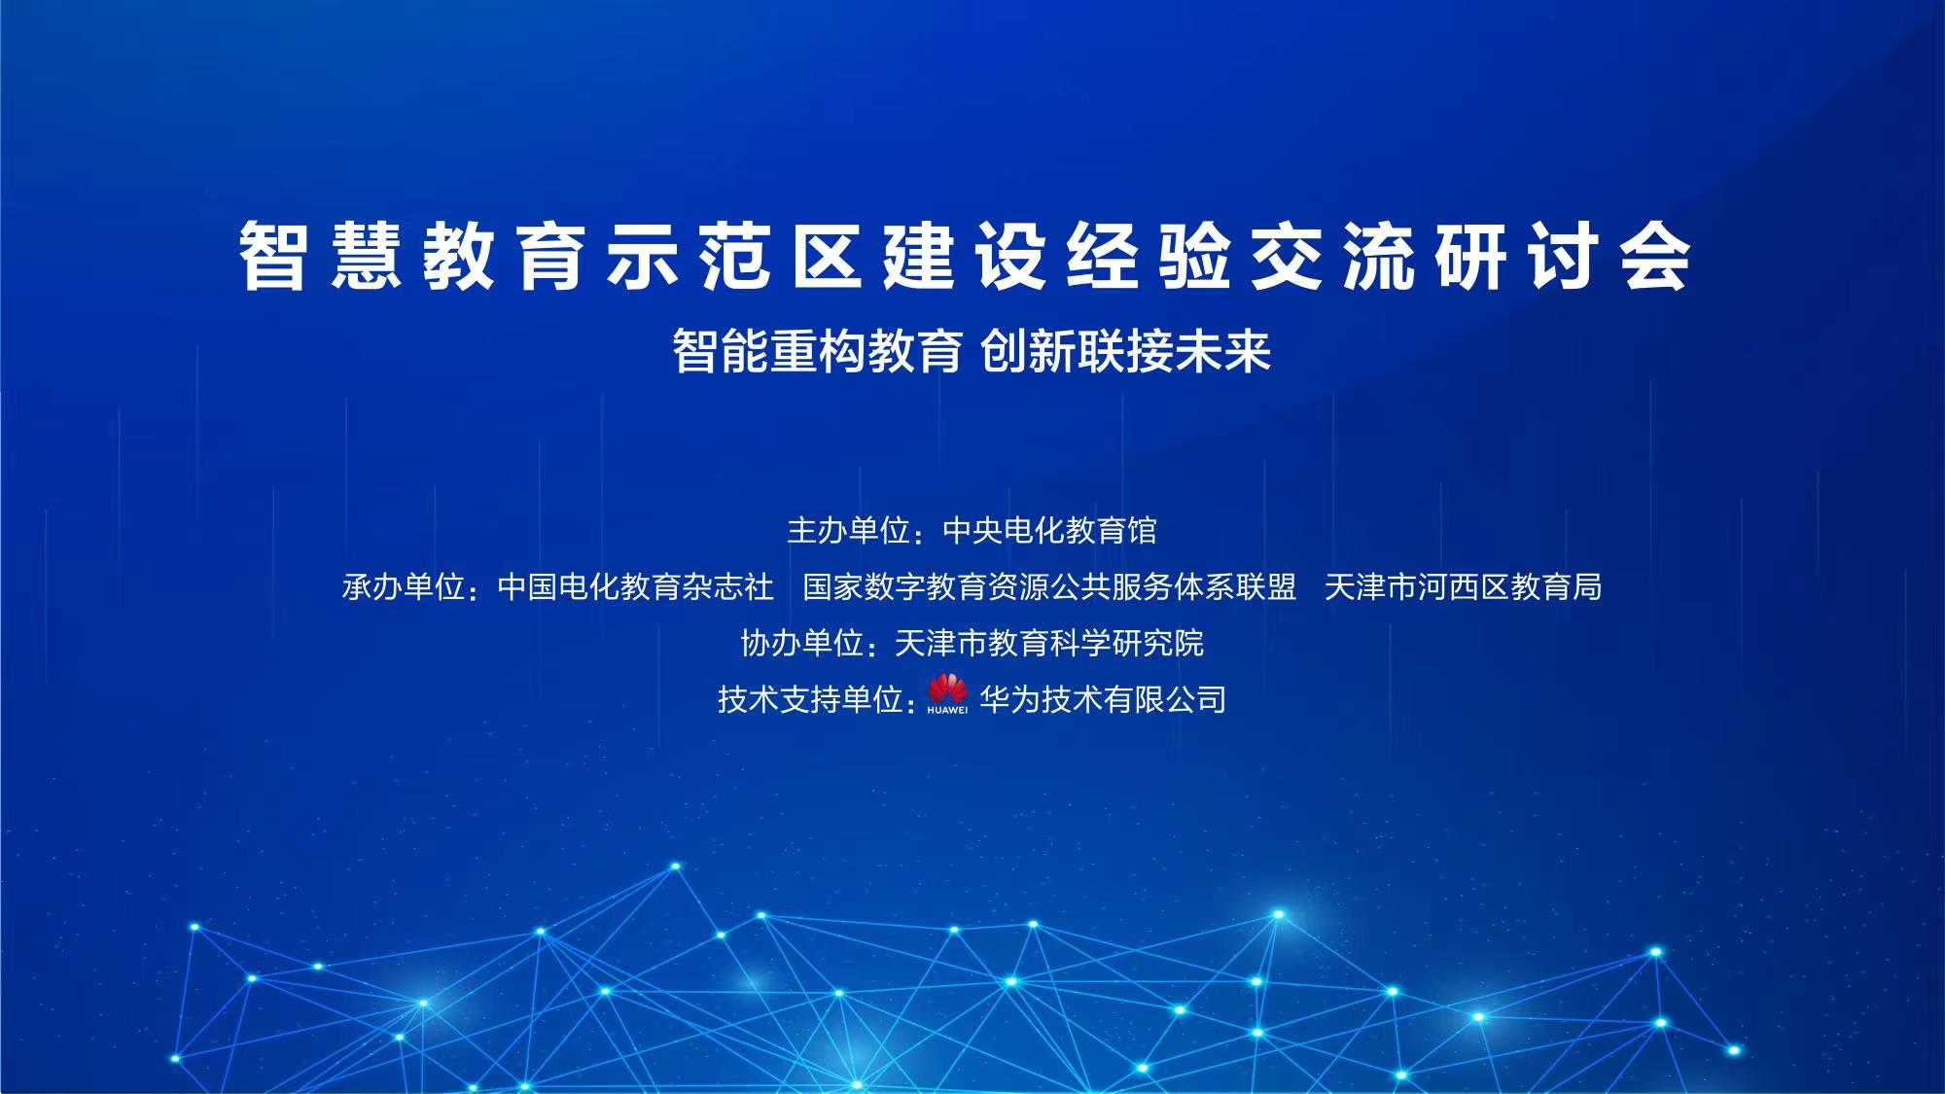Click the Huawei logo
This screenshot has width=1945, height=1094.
click(947, 694)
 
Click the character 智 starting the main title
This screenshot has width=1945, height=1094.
click(273, 256)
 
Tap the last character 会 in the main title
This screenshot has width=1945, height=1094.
click(1656, 256)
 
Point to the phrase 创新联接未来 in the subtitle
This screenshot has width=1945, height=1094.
click(1126, 351)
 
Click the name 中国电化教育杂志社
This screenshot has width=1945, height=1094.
click(636, 587)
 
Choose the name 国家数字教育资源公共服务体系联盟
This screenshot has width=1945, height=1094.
click(1050, 587)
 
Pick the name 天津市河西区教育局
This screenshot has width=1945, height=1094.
click(1464, 587)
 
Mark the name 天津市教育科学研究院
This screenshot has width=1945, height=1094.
click(1049, 643)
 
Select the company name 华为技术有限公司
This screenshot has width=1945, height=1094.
click(1103, 699)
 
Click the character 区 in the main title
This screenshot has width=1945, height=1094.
click(827, 256)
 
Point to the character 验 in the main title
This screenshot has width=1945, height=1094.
click(1195, 256)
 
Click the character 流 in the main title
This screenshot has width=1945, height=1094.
click(1380, 256)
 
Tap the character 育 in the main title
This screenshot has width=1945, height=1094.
click(550, 256)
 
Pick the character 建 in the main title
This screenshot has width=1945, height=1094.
click(919, 256)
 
